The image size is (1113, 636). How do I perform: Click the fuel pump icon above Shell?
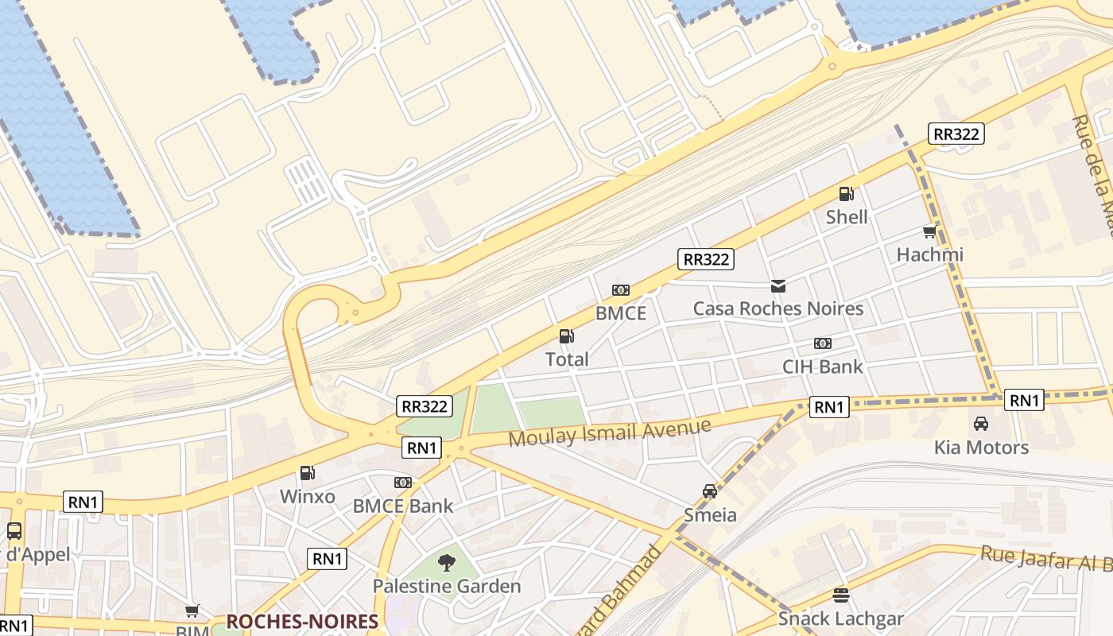tap(846, 193)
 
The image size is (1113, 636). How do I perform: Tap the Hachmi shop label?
tap(929, 254)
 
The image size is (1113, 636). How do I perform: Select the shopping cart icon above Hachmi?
tap(929, 231)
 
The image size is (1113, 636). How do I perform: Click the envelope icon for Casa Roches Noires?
tap(778, 285)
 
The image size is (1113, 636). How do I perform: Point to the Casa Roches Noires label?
tap(778, 308)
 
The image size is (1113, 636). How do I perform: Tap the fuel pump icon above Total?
tap(566, 336)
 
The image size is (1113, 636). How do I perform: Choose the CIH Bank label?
tap(822, 366)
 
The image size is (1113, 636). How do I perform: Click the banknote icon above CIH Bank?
tap(822, 343)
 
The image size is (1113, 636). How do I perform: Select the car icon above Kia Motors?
tap(980, 424)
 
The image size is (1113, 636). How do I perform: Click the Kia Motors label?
tap(980, 447)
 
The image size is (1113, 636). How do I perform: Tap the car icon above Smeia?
tap(710, 491)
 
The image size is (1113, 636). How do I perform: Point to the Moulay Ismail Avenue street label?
tap(609, 432)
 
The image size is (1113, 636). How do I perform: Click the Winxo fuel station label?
tap(307, 497)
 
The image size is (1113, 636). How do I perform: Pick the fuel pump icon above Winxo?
tap(307, 474)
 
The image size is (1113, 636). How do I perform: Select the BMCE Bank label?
tap(402, 506)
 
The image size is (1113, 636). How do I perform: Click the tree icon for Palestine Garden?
tap(447, 563)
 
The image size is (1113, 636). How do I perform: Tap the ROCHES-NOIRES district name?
tap(302, 622)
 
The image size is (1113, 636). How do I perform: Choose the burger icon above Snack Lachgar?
tap(840, 595)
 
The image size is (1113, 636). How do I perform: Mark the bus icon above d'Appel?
tap(14, 531)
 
